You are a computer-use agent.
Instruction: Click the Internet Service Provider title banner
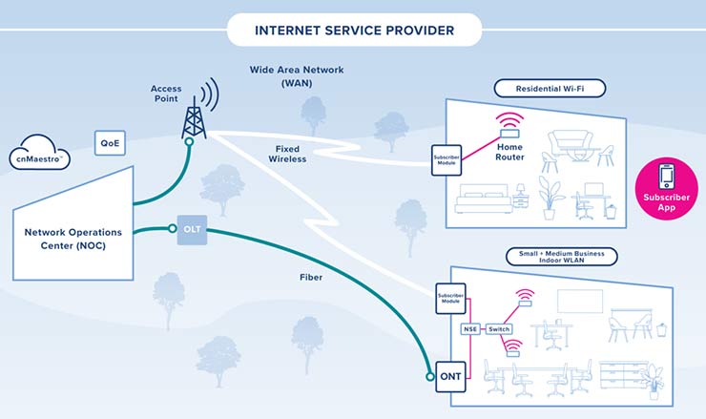point(353,31)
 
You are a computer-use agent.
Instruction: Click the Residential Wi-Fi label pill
point(550,89)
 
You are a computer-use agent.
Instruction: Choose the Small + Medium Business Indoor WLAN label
point(561,256)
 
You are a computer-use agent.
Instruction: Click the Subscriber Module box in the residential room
point(446,159)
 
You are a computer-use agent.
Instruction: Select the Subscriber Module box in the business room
point(449,296)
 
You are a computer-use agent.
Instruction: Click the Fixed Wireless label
point(290,154)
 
